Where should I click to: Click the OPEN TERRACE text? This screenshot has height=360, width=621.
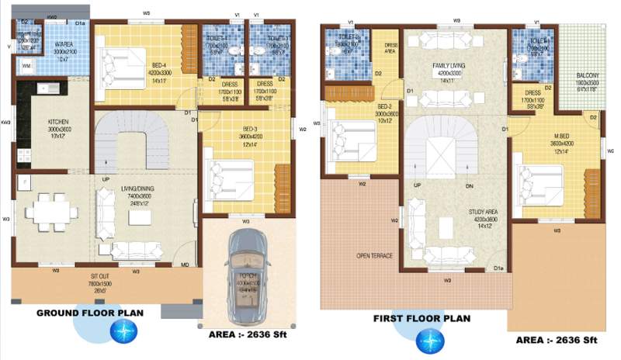(x=373, y=255)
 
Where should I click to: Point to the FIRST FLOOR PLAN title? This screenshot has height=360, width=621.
(x=423, y=318)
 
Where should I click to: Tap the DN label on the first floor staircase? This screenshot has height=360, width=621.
(x=470, y=185)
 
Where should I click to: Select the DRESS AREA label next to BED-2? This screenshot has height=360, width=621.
(x=390, y=49)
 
